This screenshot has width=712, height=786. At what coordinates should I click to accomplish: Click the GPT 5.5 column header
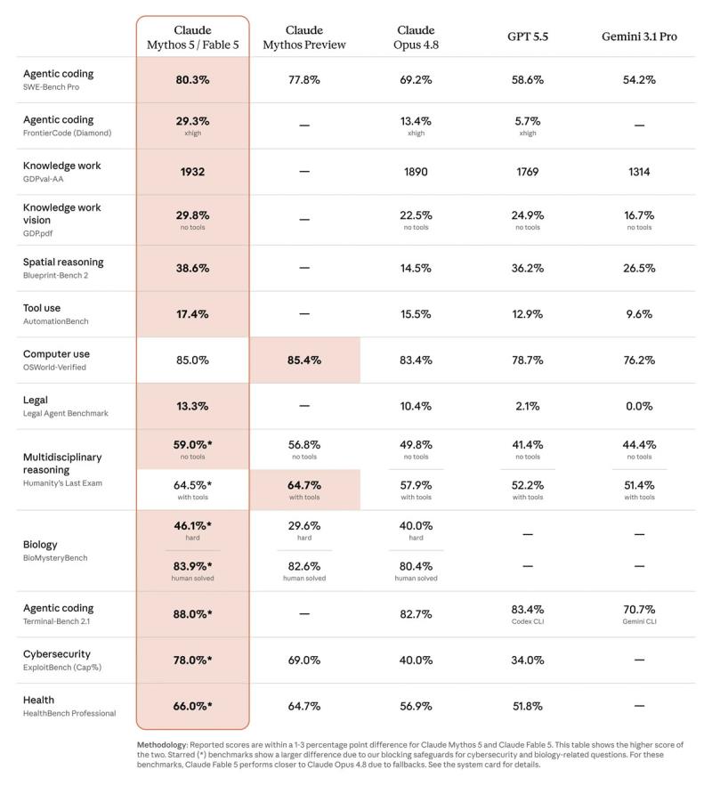[x=528, y=36]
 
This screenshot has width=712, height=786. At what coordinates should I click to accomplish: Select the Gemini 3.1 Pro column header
[x=639, y=36]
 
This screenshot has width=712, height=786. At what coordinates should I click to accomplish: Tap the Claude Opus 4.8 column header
[x=416, y=37]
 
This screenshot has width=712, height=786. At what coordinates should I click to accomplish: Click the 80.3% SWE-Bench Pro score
[x=192, y=80]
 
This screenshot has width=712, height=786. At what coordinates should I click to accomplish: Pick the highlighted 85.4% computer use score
[x=304, y=360]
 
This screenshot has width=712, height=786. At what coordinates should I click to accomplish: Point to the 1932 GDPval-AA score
[x=192, y=172]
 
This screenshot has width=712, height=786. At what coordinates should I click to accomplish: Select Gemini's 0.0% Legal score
[x=639, y=406]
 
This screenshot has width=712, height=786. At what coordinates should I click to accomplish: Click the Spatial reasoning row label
[x=63, y=263]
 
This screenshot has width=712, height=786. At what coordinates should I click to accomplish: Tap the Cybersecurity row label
[x=57, y=654]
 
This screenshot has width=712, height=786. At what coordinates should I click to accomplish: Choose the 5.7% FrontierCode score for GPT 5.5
[x=528, y=121]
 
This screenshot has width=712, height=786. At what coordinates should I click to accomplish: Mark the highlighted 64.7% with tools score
[x=304, y=485]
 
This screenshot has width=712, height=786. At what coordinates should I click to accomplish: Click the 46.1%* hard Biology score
[x=192, y=526]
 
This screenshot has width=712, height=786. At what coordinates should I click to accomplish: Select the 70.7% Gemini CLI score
[x=639, y=610]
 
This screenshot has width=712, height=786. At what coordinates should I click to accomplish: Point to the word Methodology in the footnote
[x=162, y=745]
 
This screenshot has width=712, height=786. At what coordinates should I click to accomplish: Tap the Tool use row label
[x=42, y=308]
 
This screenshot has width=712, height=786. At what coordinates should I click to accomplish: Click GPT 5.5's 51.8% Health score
[x=528, y=706]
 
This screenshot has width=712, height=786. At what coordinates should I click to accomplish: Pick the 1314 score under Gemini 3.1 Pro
[x=639, y=172]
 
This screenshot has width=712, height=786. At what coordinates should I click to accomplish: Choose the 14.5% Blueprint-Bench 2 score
[x=416, y=268]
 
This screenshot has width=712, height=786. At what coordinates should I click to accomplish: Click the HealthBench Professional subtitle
[x=69, y=713]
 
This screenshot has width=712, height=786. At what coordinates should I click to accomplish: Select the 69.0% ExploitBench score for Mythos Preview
[x=304, y=660]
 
